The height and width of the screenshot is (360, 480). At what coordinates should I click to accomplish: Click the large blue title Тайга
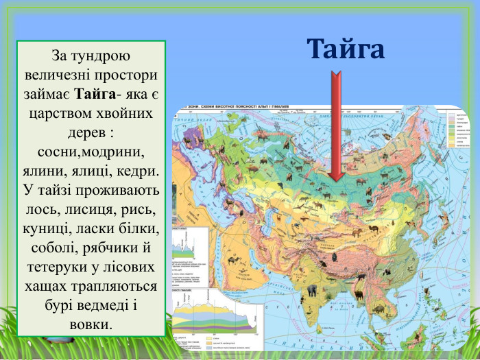[x=346, y=49]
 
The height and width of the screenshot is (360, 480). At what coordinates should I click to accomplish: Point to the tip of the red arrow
[x=336, y=180]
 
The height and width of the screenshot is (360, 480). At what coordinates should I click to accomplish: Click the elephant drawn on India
[x=312, y=290]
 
